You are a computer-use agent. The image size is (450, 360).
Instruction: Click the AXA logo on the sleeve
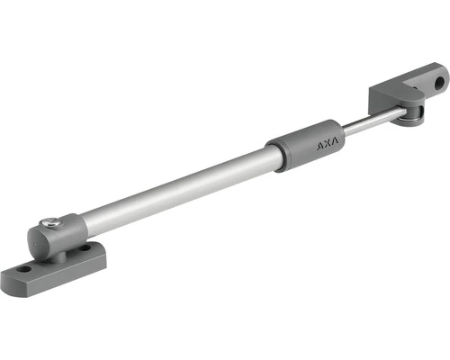[x=328, y=144]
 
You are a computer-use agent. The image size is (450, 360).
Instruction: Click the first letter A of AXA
[x=320, y=147]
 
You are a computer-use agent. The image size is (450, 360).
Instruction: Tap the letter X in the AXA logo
[x=328, y=144]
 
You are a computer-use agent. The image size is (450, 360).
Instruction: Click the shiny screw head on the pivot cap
[x=48, y=222]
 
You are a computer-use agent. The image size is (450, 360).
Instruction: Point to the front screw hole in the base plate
[x=23, y=269]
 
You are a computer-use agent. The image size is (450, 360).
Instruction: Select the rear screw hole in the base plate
[x=85, y=248]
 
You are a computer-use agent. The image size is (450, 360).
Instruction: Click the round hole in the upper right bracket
[x=440, y=83]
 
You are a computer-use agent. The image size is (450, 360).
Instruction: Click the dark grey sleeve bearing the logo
[x=305, y=146]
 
